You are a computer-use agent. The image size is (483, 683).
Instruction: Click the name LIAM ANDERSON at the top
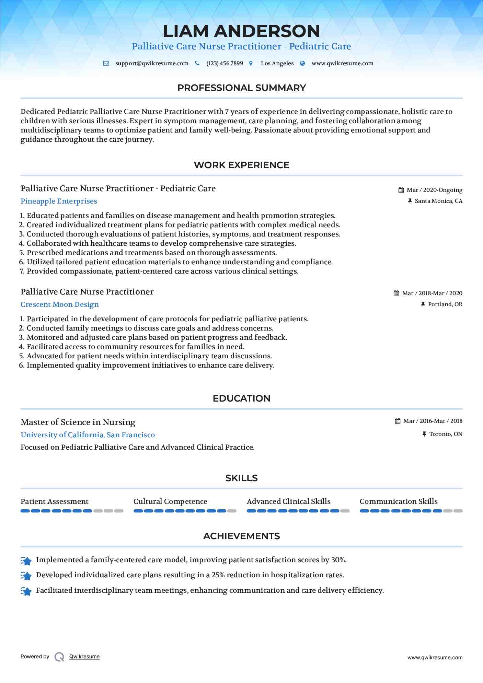point(241,31)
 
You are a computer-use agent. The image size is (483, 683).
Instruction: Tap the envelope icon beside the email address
point(106,63)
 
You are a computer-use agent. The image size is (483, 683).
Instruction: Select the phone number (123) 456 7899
point(225,63)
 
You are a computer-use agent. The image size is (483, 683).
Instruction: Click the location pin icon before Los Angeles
point(251,63)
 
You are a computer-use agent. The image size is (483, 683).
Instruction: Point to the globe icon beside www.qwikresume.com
point(302,63)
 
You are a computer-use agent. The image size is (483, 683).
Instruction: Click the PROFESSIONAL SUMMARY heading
point(241,88)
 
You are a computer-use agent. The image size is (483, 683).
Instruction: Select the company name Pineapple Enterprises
point(59,201)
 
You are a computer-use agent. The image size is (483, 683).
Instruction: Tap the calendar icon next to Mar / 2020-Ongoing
point(401,190)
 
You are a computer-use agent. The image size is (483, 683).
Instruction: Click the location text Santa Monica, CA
point(438,201)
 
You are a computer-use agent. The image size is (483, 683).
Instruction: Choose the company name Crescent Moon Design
point(60,304)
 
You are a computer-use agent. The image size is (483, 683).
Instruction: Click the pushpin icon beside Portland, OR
point(423,304)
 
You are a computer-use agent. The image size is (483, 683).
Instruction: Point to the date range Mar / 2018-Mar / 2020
point(432,293)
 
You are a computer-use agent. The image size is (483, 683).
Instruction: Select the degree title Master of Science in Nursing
point(78,422)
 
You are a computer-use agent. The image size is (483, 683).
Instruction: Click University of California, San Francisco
point(88,435)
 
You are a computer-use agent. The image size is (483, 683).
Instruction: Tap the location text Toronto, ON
point(446,434)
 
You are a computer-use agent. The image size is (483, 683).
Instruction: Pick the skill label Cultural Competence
point(170,501)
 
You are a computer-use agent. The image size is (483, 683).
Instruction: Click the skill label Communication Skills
point(399,501)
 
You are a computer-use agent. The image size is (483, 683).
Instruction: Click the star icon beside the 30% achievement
point(26,560)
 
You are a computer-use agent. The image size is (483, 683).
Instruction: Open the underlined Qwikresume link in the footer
point(84,657)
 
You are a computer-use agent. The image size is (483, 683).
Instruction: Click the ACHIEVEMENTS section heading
point(241,536)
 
